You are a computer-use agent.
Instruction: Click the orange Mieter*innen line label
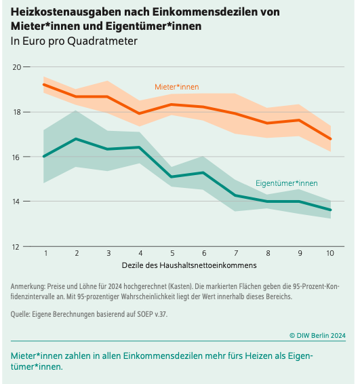point(177,87)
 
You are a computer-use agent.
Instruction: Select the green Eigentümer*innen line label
point(287,183)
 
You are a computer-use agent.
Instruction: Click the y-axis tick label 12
point(16,247)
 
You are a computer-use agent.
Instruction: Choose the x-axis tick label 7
point(236,253)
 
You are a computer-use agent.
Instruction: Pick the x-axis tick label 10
point(330,253)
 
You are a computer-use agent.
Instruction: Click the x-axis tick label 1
point(46,253)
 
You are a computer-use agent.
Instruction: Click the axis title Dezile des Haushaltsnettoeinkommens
point(189,265)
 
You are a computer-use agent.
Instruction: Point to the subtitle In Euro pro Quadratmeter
point(74,41)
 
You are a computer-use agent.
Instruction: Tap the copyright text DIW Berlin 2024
point(318,335)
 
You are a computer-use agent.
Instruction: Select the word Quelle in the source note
point(20,314)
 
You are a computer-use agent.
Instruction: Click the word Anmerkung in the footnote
point(28,286)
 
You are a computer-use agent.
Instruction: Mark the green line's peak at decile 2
point(76,139)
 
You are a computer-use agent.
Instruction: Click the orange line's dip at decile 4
point(140,113)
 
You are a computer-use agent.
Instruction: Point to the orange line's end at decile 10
point(331,139)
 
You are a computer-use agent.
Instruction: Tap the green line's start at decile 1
point(44,156)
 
